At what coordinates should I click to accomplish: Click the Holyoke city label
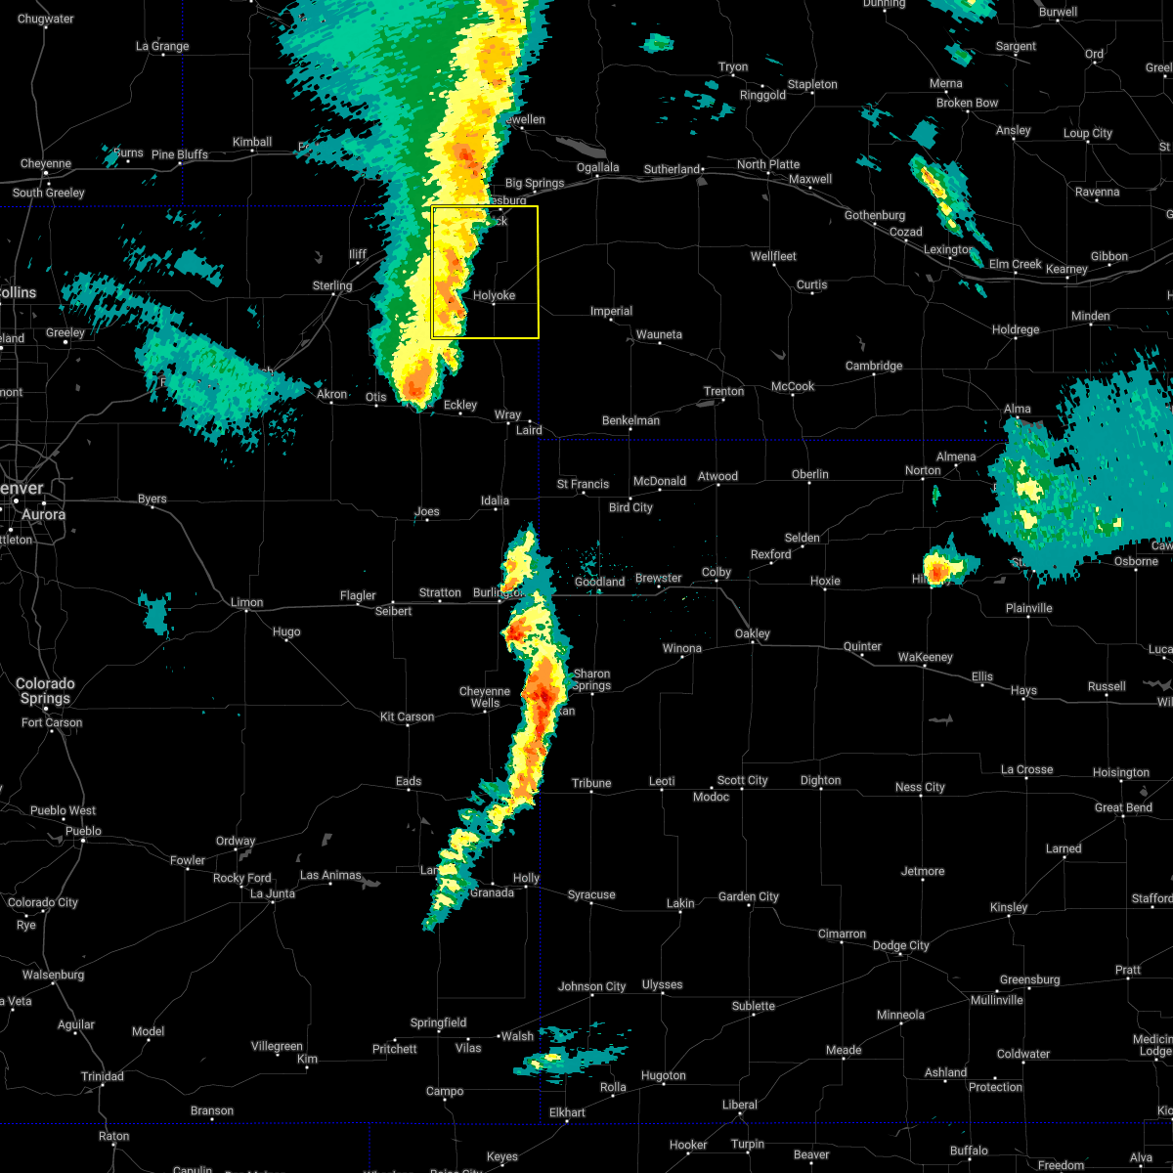[x=494, y=295]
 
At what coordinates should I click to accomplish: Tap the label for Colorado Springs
[x=45, y=691]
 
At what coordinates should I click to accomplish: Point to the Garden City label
[x=749, y=896]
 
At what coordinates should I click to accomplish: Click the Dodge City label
[x=900, y=945]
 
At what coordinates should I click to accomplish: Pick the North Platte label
[x=768, y=164]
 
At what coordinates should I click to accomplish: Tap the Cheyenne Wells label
[x=486, y=697]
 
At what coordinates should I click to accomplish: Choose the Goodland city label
[x=599, y=582]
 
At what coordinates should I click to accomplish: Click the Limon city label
[x=247, y=602]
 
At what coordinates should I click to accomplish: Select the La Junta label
[x=271, y=893]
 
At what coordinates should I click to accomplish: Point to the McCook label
[x=793, y=386]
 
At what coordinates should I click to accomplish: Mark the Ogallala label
[x=597, y=167]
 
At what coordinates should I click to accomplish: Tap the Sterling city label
[x=332, y=285]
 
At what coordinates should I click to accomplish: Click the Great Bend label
[x=1123, y=807]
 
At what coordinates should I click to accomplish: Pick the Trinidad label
[x=102, y=1076]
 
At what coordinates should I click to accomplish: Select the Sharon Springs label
[x=591, y=679]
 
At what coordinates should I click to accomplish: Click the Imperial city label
[x=612, y=311]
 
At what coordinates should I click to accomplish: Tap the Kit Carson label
[x=408, y=717]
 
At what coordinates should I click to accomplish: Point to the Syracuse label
[x=591, y=894]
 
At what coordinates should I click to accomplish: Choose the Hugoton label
[x=664, y=1075]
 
